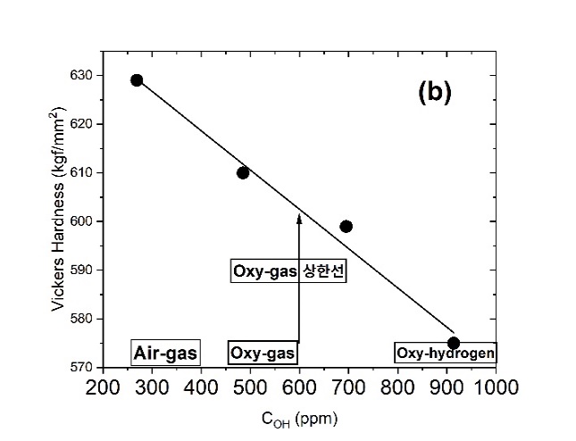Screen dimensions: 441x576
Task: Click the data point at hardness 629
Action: coord(137,80)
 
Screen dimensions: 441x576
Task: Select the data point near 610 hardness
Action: coord(243,172)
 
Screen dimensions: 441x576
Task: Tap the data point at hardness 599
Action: coord(346,226)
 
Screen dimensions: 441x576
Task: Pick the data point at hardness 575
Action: coord(453,343)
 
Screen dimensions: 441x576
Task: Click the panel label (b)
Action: coord(435,93)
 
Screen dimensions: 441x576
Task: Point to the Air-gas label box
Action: coord(164,354)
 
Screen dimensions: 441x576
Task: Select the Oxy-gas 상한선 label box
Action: coord(288,271)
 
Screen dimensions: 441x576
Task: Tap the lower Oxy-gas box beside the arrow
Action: coord(263,354)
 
